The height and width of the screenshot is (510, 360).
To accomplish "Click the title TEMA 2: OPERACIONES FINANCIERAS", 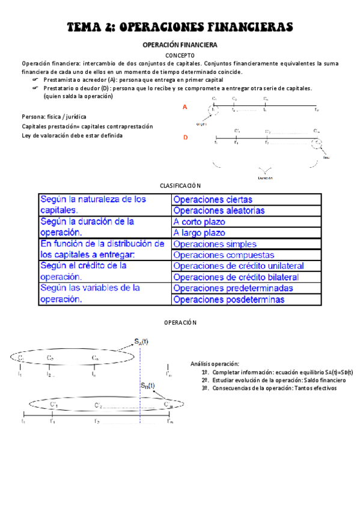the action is pos(180,27).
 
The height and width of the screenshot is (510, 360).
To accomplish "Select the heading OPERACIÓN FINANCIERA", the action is pos(179,45).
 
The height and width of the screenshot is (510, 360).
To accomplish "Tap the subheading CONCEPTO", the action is pos(180,55).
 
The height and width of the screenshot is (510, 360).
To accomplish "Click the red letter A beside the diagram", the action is pos(185,107).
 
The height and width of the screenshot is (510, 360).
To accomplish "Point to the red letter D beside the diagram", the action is pos(185,138).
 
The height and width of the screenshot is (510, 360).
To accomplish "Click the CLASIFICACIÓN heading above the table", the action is pos(180,186).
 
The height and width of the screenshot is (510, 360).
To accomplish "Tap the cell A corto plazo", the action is pos(199,222).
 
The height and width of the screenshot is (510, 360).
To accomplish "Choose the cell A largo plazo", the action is pos(199,233).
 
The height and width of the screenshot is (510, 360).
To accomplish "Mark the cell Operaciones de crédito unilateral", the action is pos(238,266).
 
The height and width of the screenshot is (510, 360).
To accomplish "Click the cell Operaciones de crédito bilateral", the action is pos(235,277).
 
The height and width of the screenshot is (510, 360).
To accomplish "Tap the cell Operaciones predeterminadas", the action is pos(233,288).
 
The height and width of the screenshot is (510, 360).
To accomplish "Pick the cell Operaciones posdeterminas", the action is pos(229,300).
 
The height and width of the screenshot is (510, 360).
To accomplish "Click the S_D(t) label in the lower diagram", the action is pos(147,386).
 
